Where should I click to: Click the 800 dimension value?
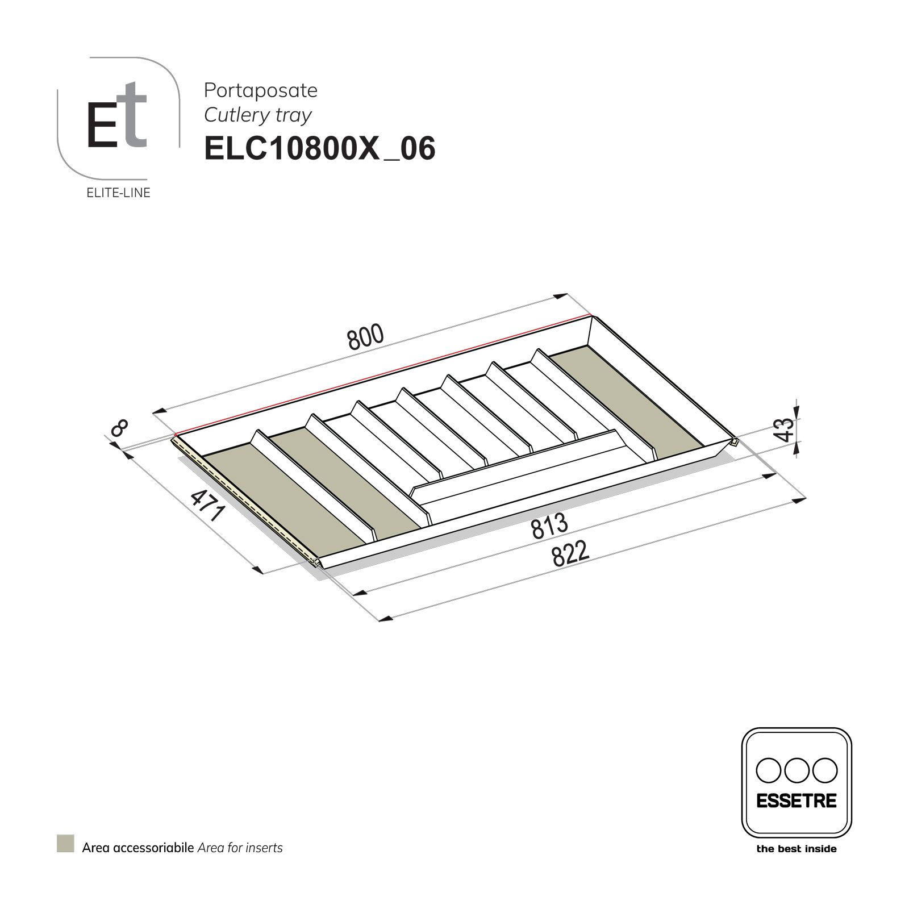click(366, 337)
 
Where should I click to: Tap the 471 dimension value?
click(208, 505)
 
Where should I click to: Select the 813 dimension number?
click(549, 526)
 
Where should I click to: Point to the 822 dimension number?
click(570, 554)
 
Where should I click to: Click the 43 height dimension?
click(784, 429)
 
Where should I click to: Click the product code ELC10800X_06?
click(320, 149)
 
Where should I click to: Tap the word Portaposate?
click(261, 90)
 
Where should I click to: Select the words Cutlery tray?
click(258, 115)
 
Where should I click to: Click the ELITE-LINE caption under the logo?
click(118, 193)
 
